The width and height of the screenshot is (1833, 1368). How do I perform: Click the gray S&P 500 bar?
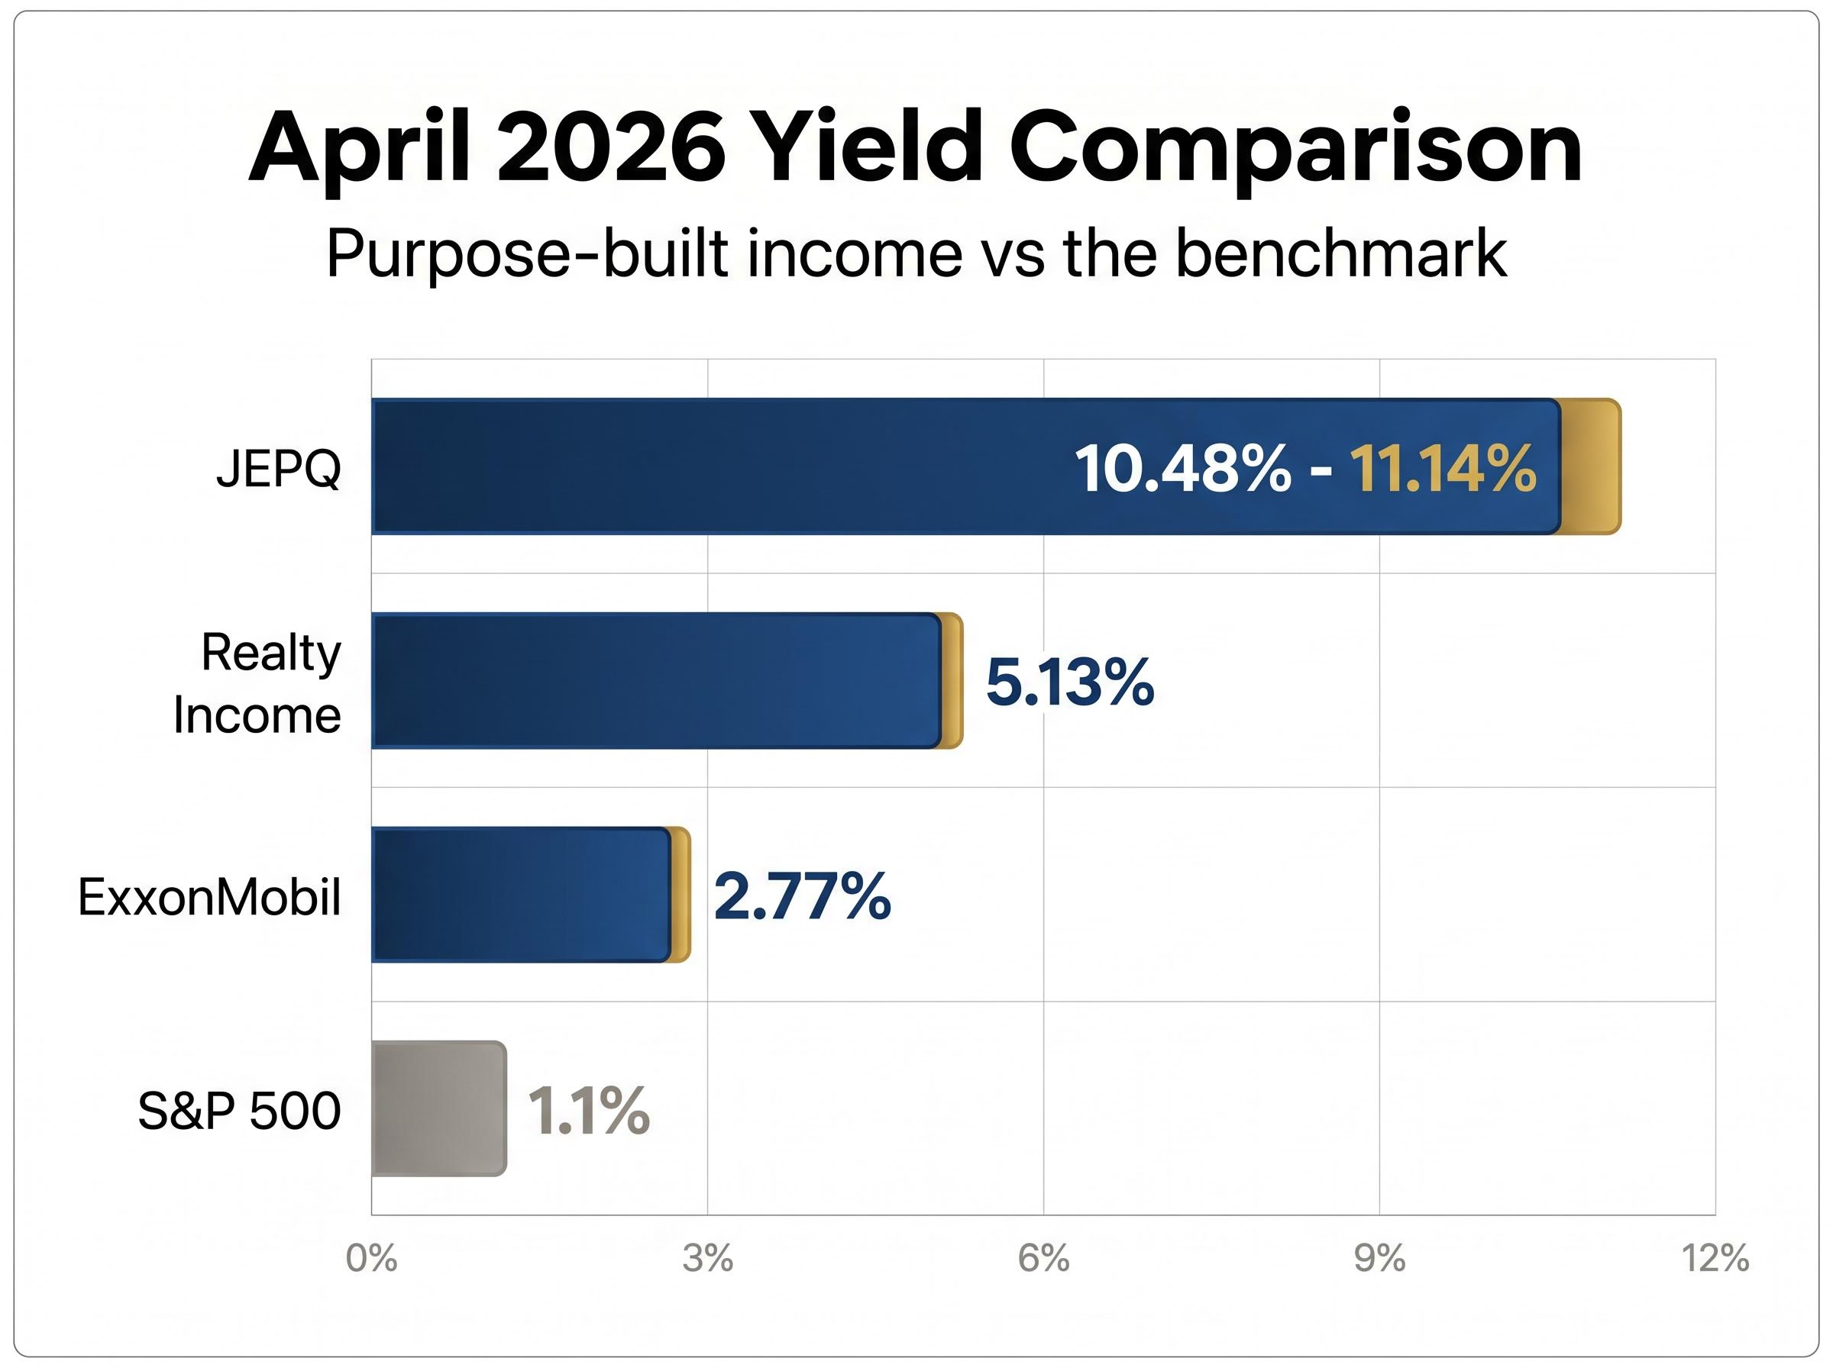pos(438,1108)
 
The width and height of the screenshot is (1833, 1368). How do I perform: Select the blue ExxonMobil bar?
pos(520,895)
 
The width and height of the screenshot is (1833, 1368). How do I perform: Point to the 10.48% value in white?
pos(1182,469)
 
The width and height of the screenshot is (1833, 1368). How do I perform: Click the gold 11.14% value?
pos(1443,469)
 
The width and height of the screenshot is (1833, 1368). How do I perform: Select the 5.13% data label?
pos(1069,682)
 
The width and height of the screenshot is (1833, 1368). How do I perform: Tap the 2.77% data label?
pos(802,896)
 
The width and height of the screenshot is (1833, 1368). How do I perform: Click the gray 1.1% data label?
pos(588,1111)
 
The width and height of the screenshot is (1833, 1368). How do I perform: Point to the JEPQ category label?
pos(278,469)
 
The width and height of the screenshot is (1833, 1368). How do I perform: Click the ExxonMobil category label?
pos(209,896)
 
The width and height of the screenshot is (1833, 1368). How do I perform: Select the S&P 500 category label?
pos(238,1111)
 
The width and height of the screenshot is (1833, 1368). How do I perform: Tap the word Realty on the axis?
pos(271,653)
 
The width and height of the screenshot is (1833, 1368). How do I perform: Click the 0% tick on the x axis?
pos(371,1259)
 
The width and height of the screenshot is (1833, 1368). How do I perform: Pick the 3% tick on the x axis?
pos(707,1259)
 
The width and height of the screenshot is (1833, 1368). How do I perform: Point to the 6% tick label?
pos(1043,1259)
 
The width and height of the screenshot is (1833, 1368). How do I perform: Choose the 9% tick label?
pos(1379,1259)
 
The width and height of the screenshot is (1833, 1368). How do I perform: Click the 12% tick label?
pos(1715,1259)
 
